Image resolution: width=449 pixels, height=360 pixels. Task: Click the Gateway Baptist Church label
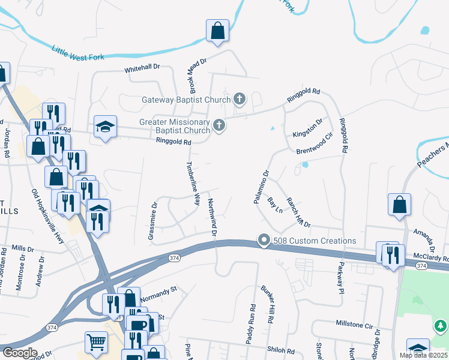pyautogui.click(x=185, y=100)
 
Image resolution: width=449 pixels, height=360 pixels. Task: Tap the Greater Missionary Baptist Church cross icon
pyautogui.click(x=219, y=125)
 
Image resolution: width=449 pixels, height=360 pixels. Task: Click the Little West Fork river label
pyautogui.click(x=78, y=53)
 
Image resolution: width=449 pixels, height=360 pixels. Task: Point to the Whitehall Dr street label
pyautogui.click(x=142, y=69)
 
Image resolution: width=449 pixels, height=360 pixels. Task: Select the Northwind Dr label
pyautogui.click(x=212, y=216)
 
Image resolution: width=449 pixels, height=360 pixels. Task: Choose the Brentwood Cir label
pyautogui.click(x=314, y=143)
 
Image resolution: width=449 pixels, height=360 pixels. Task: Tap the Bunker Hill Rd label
pyautogui.click(x=266, y=305)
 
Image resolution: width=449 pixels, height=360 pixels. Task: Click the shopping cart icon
pyautogui.click(x=96, y=342)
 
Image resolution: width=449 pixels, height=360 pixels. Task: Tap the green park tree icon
pyautogui.click(x=441, y=326)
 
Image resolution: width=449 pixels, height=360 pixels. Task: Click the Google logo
pyautogui.click(x=20, y=353)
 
